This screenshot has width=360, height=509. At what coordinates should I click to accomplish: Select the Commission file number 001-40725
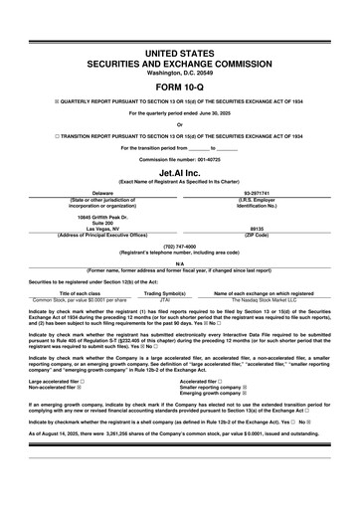pos(179,159)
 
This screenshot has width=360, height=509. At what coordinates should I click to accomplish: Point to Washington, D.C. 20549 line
pos(179,73)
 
